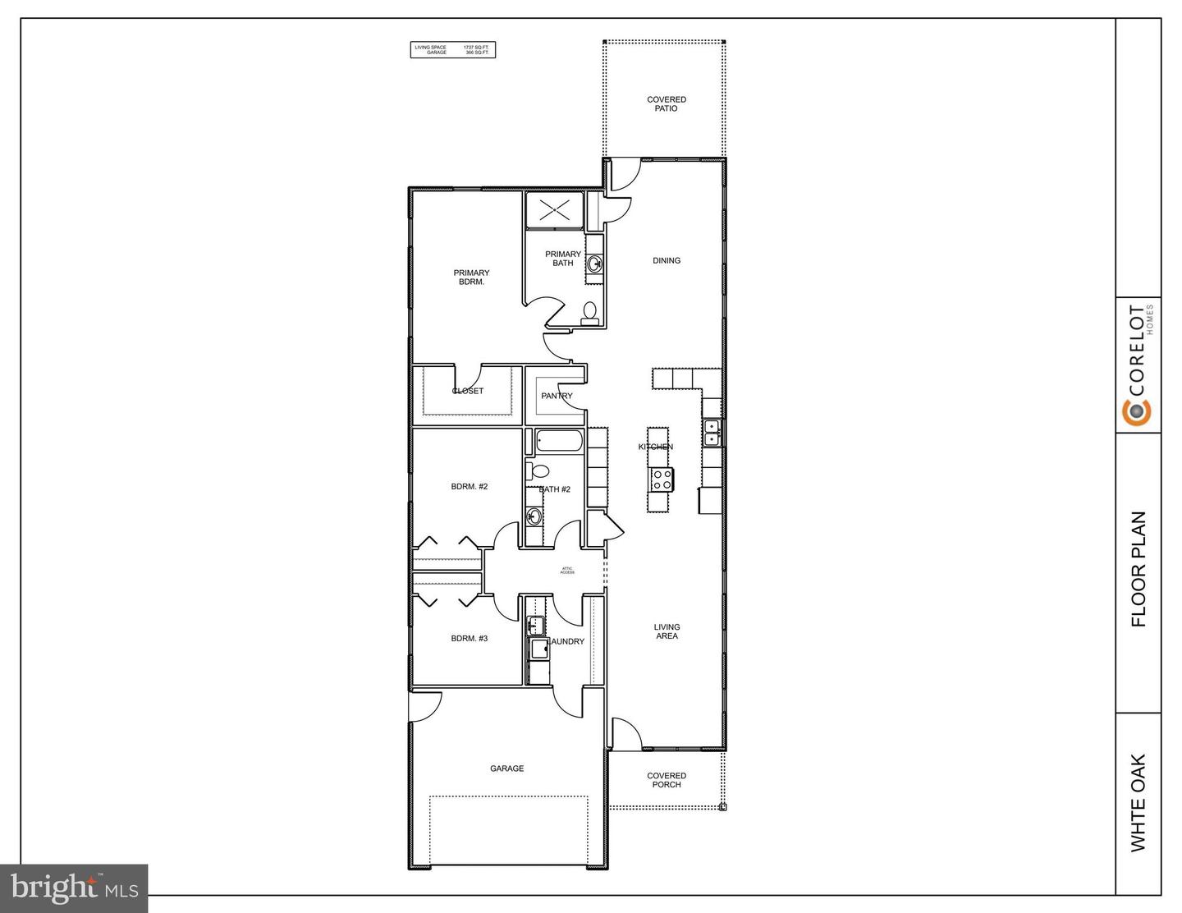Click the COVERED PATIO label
coord(666,104)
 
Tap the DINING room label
coord(666,261)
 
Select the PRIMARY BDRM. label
coord(471,278)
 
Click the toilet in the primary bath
coord(589,311)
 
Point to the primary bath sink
coord(593,264)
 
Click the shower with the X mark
coord(554,209)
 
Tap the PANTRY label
coord(557,396)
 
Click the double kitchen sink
coord(711,433)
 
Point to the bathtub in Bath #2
coord(560,442)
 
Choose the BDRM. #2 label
coord(470,487)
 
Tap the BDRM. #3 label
coord(470,638)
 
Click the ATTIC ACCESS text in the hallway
coord(567,571)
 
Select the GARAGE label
coord(506,768)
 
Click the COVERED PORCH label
coord(666,780)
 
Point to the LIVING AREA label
coord(667,631)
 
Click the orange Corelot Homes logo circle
coord(1138,412)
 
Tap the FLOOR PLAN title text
coord(1138,570)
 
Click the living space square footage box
coord(453,50)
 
